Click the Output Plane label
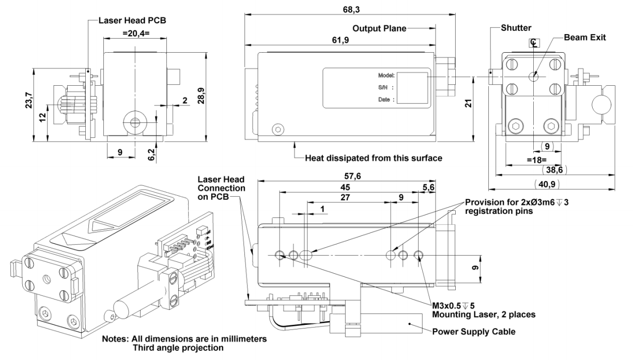click(x=379, y=27)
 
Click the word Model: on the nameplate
click(x=387, y=75)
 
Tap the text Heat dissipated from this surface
click(x=374, y=158)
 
